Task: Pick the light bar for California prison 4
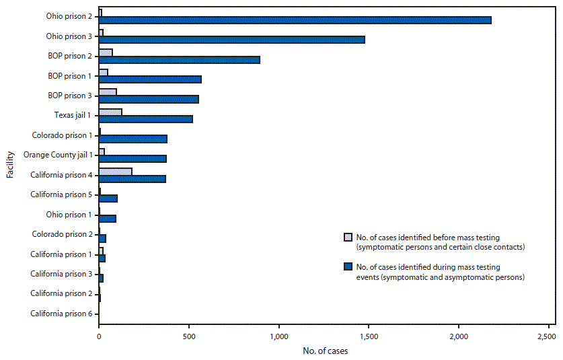point(115,172)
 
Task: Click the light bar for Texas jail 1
point(110,112)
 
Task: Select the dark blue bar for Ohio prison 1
point(108,218)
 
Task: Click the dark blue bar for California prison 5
point(108,199)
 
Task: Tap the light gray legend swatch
point(348,237)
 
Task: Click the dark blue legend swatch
point(348,267)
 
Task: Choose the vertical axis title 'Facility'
point(10,166)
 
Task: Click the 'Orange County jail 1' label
point(58,155)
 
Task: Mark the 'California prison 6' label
point(61,314)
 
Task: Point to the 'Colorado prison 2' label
point(62,234)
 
